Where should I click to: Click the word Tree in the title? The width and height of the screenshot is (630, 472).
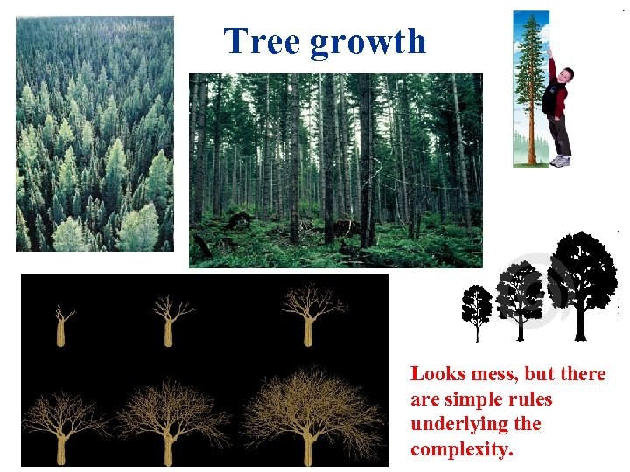pos(262,41)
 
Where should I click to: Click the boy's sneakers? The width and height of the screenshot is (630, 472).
pos(560,161)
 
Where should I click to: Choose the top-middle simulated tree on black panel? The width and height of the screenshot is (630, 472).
pos(169,319)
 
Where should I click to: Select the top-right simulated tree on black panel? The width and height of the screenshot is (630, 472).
pos(309,313)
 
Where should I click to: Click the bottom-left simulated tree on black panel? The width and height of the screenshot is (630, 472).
pos(61,424)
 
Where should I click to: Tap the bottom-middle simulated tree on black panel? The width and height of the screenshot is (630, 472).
pos(169,418)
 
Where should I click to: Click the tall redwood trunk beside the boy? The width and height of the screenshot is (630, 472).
pos(530,105)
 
